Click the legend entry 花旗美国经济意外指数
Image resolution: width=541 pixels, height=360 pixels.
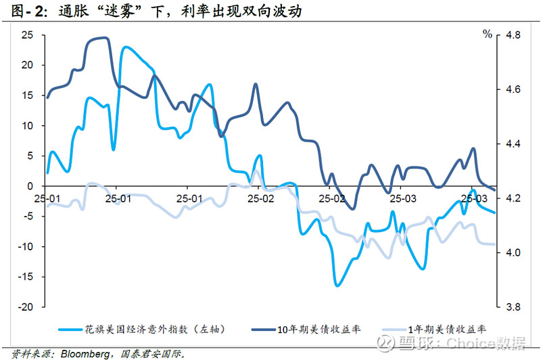pyautogui.click(x=156, y=330)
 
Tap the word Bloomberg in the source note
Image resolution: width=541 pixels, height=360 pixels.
pyautogui.click(x=84, y=353)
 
